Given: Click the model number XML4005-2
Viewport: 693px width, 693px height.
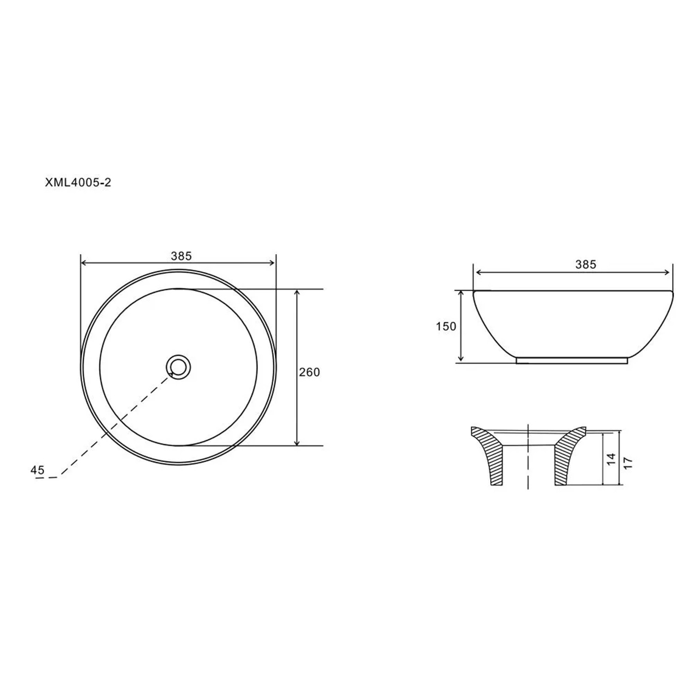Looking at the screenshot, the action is click(78, 182).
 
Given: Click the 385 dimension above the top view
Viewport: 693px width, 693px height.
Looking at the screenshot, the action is click(181, 256).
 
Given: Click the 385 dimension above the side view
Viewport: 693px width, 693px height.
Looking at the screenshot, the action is click(586, 265).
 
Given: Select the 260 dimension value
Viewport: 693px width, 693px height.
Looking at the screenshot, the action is click(309, 372).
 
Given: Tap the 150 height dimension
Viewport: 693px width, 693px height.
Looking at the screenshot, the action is click(446, 326).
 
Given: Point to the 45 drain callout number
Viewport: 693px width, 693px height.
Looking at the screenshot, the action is click(37, 470).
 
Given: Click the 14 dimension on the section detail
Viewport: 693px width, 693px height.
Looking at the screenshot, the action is click(611, 459).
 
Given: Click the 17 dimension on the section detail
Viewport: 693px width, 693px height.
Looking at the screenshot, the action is click(627, 463).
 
